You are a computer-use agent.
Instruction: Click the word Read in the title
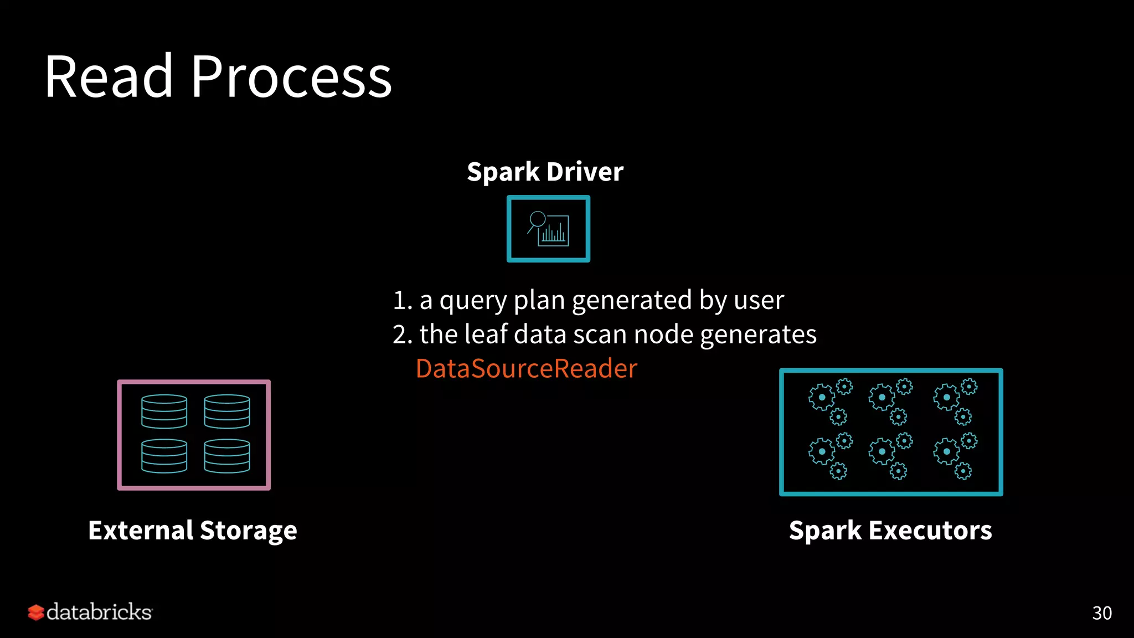point(109,78)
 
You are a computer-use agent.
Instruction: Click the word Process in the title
point(291,78)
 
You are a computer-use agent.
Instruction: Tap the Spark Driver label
point(545,172)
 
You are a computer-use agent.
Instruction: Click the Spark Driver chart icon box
point(548,229)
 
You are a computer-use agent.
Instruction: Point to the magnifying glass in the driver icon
point(537,220)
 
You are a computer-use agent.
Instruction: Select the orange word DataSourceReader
point(526,368)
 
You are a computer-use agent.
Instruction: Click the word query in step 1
point(473,301)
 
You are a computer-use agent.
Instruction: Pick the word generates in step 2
point(758,335)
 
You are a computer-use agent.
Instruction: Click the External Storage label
point(193,531)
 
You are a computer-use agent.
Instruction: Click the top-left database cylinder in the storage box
point(164,411)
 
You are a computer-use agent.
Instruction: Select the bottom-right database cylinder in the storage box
point(227,456)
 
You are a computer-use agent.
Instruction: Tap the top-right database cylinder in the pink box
point(227,411)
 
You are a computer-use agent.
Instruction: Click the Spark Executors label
point(890,531)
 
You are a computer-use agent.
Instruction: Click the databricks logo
point(90,612)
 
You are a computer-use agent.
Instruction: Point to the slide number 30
point(1101,613)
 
